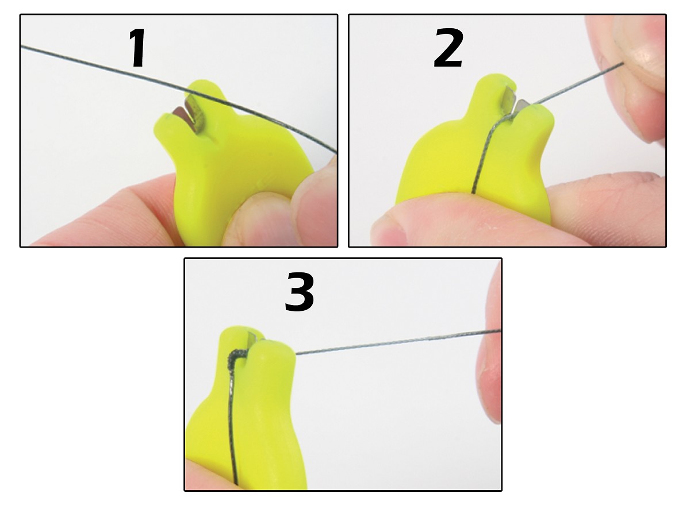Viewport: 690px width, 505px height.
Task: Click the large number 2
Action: pyautogui.click(x=448, y=48)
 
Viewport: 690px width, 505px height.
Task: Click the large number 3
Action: pyautogui.click(x=300, y=292)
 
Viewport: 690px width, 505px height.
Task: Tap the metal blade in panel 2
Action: pyautogui.click(x=515, y=103)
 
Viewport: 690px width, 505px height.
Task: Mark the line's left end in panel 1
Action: pyautogui.click(x=22, y=46)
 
